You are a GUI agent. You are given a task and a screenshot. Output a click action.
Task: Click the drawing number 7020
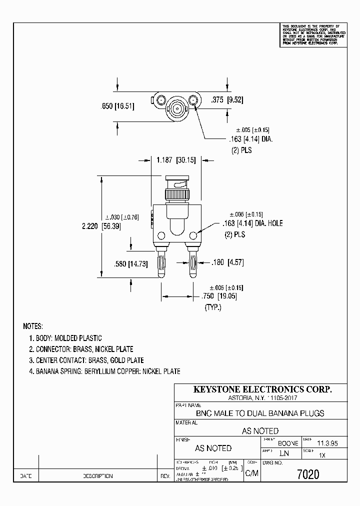coord(307,474)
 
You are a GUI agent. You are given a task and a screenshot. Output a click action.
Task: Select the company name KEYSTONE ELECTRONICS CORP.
coord(262,389)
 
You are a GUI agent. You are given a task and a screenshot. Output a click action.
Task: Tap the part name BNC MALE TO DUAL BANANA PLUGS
coord(260,413)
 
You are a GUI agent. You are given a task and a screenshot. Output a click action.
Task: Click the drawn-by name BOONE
coord(287,443)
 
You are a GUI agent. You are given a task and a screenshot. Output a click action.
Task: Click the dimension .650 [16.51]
coord(115,105)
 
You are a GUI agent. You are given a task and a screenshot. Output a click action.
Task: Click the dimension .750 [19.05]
coord(220,295)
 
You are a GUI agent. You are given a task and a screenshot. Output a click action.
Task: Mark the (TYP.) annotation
coord(212,307)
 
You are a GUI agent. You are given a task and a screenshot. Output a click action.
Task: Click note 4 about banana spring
coord(104,371)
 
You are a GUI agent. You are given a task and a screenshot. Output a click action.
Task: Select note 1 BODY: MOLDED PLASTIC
coord(65,338)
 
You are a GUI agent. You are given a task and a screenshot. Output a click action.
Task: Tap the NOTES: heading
coord(33,326)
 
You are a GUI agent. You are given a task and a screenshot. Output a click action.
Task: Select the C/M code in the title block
coord(251,474)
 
